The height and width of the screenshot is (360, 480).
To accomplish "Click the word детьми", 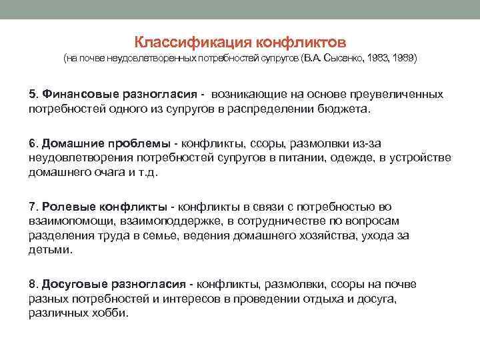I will click(48, 250).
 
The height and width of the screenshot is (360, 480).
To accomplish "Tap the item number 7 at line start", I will click(32, 207).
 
